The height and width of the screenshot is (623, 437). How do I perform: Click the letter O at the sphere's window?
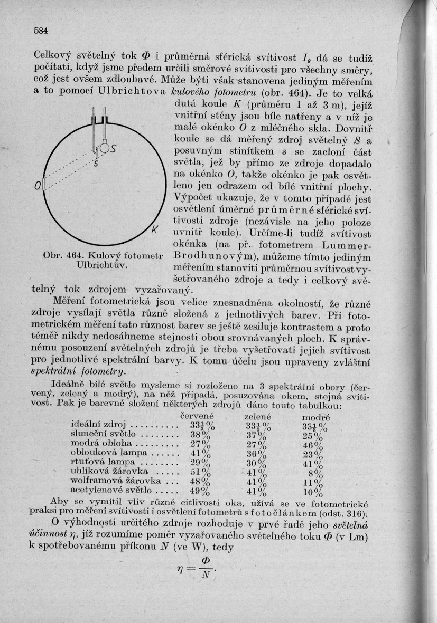(x=39, y=186)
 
